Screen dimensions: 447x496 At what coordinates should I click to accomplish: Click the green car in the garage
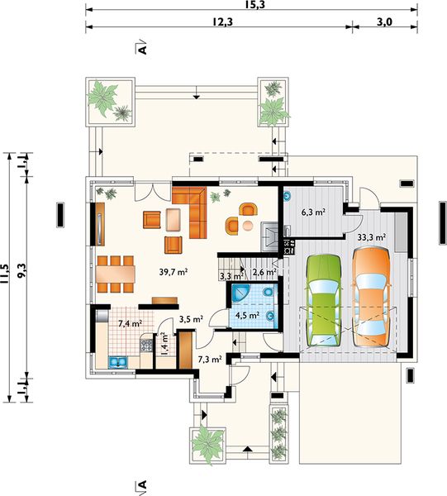(323, 300)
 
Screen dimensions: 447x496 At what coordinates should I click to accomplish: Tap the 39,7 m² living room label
(174, 272)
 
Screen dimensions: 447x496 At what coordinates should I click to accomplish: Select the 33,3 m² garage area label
(372, 237)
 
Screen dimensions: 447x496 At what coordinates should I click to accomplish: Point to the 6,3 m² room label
(314, 212)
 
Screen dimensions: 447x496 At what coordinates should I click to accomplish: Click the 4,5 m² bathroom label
(248, 315)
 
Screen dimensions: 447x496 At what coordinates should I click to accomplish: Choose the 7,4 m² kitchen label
(130, 323)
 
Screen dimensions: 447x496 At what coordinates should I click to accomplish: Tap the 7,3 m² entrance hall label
(210, 360)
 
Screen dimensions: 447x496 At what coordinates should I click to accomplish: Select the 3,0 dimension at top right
(384, 21)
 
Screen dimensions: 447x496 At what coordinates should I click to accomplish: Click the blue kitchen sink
(118, 363)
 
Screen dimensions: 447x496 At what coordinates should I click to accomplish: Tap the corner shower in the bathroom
(240, 293)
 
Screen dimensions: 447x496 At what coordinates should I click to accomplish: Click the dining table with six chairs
(116, 274)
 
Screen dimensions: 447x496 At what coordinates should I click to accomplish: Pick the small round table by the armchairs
(248, 226)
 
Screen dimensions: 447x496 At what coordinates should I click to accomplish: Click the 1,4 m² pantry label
(164, 344)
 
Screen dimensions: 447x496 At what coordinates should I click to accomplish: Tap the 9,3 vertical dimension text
(21, 271)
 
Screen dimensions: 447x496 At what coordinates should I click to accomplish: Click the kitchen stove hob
(145, 345)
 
